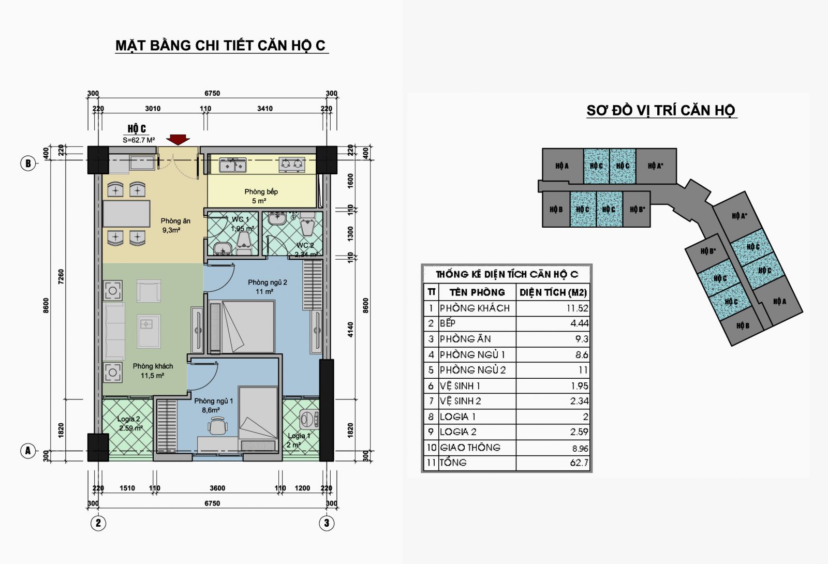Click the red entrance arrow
click(x=178, y=139)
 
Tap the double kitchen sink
click(x=233, y=165)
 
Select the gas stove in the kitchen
click(x=292, y=165)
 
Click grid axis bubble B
click(x=28, y=164)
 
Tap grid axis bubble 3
click(x=327, y=523)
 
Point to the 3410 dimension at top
click(x=265, y=109)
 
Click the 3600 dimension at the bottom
click(x=217, y=488)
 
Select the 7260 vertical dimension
click(x=61, y=277)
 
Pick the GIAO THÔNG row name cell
click(x=477, y=448)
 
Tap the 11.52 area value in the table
click(x=578, y=308)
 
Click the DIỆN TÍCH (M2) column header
click(x=553, y=293)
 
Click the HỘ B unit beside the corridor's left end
click(x=556, y=210)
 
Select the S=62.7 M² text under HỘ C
click(x=139, y=140)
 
